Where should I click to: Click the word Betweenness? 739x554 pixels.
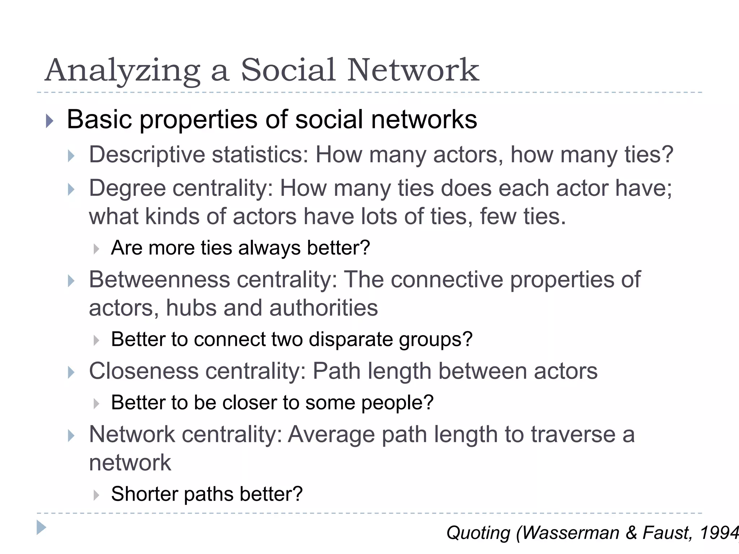click(x=159, y=280)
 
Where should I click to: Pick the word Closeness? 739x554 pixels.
click(x=144, y=371)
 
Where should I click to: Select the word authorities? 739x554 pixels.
click(x=323, y=308)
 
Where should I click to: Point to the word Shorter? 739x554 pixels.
click(x=144, y=494)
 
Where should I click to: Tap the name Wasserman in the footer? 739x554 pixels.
click(x=570, y=533)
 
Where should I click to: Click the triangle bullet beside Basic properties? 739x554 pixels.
click(x=50, y=121)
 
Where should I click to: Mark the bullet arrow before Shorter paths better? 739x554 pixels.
click(x=96, y=495)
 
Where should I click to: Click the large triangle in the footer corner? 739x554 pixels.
click(x=41, y=528)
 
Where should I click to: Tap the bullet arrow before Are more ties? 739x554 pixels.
click(x=96, y=249)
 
